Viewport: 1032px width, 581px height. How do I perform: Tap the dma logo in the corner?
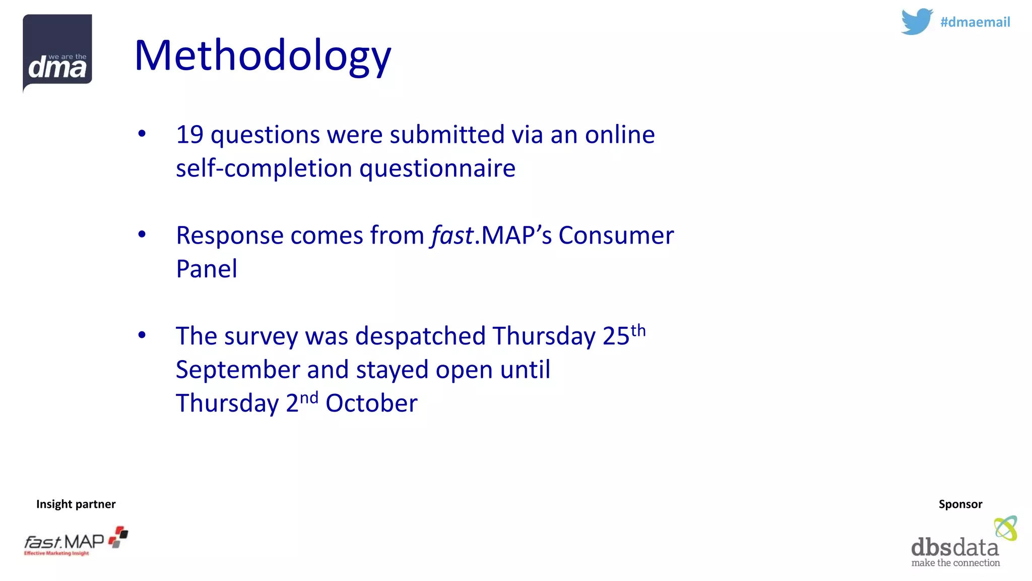(57, 53)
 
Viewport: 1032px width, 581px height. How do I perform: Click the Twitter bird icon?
(917, 22)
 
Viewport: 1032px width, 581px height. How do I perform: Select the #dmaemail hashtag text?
(975, 22)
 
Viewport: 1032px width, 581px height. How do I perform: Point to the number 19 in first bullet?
(189, 135)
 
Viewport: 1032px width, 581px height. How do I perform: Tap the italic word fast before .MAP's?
(452, 236)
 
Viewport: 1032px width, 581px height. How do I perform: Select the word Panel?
(207, 269)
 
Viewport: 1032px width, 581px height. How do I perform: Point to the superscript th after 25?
(638, 330)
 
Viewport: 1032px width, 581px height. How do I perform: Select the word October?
(371, 403)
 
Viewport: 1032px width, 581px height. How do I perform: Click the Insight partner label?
(76, 504)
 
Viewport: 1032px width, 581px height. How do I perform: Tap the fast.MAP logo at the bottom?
(76, 542)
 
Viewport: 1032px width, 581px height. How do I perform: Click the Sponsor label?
(960, 504)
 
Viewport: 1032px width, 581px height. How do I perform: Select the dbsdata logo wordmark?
(954, 548)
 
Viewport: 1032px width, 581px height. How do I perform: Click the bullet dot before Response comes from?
(142, 234)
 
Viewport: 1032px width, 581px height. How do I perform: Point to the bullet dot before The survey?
(142, 335)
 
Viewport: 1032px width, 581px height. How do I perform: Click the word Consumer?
(616, 236)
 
